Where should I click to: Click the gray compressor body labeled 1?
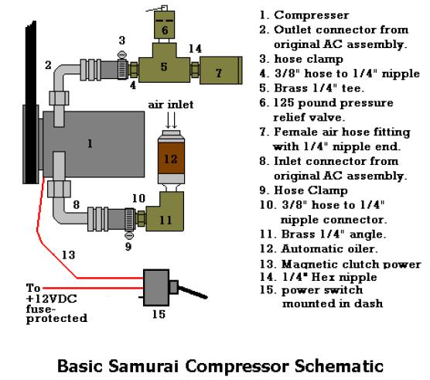(x=94, y=144)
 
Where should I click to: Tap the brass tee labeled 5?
(x=164, y=66)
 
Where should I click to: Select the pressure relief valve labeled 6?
(x=164, y=25)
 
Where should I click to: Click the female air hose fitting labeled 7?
(x=220, y=70)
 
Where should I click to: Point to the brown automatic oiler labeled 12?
(x=171, y=158)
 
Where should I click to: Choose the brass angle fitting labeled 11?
(x=165, y=211)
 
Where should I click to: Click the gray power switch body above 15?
(x=156, y=288)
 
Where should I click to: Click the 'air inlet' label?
(x=171, y=104)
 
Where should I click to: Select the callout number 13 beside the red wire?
(x=68, y=255)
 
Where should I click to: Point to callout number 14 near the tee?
(x=195, y=49)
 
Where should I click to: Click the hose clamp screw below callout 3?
(x=121, y=55)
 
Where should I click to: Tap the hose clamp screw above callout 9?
(x=129, y=235)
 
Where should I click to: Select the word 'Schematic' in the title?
(x=339, y=366)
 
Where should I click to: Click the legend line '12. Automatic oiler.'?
(x=319, y=249)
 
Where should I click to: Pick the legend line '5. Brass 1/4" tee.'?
(x=312, y=88)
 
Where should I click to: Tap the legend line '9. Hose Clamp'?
(x=304, y=190)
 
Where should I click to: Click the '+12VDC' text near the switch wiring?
(x=52, y=299)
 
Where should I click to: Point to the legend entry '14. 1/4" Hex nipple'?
(x=319, y=277)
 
